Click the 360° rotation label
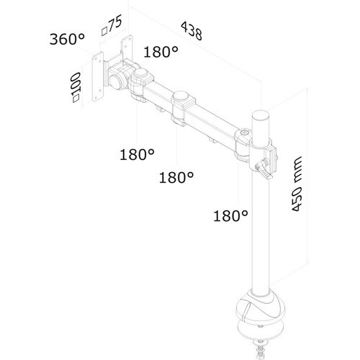coord(67,39)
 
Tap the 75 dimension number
coord(115,23)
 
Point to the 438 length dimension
coord(192,30)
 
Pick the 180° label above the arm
coord(161,52)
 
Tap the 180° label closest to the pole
coord(230,215)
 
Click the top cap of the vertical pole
coord(260,114)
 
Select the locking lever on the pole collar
coord(264,169)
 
